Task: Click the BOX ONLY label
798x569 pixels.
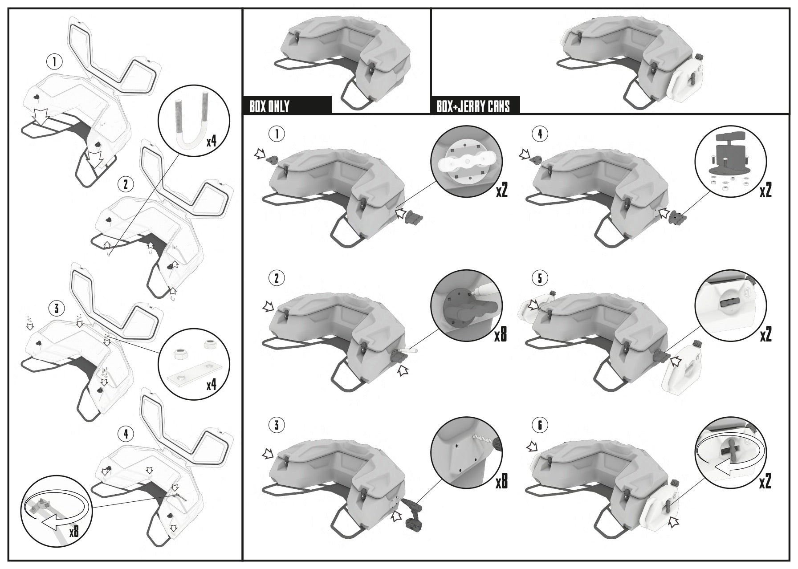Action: coord(270,106)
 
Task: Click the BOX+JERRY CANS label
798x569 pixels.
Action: coord(473,106)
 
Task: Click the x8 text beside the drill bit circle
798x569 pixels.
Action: coord(501,480)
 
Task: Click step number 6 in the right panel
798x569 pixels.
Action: coord(540,425)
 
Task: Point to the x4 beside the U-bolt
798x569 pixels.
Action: coord(212,142)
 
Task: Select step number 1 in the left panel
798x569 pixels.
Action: coord(54,62)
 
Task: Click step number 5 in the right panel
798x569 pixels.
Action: coord(540,278)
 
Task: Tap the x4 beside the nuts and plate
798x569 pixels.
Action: coord(212,384)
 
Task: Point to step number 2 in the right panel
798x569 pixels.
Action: coord(277,278)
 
